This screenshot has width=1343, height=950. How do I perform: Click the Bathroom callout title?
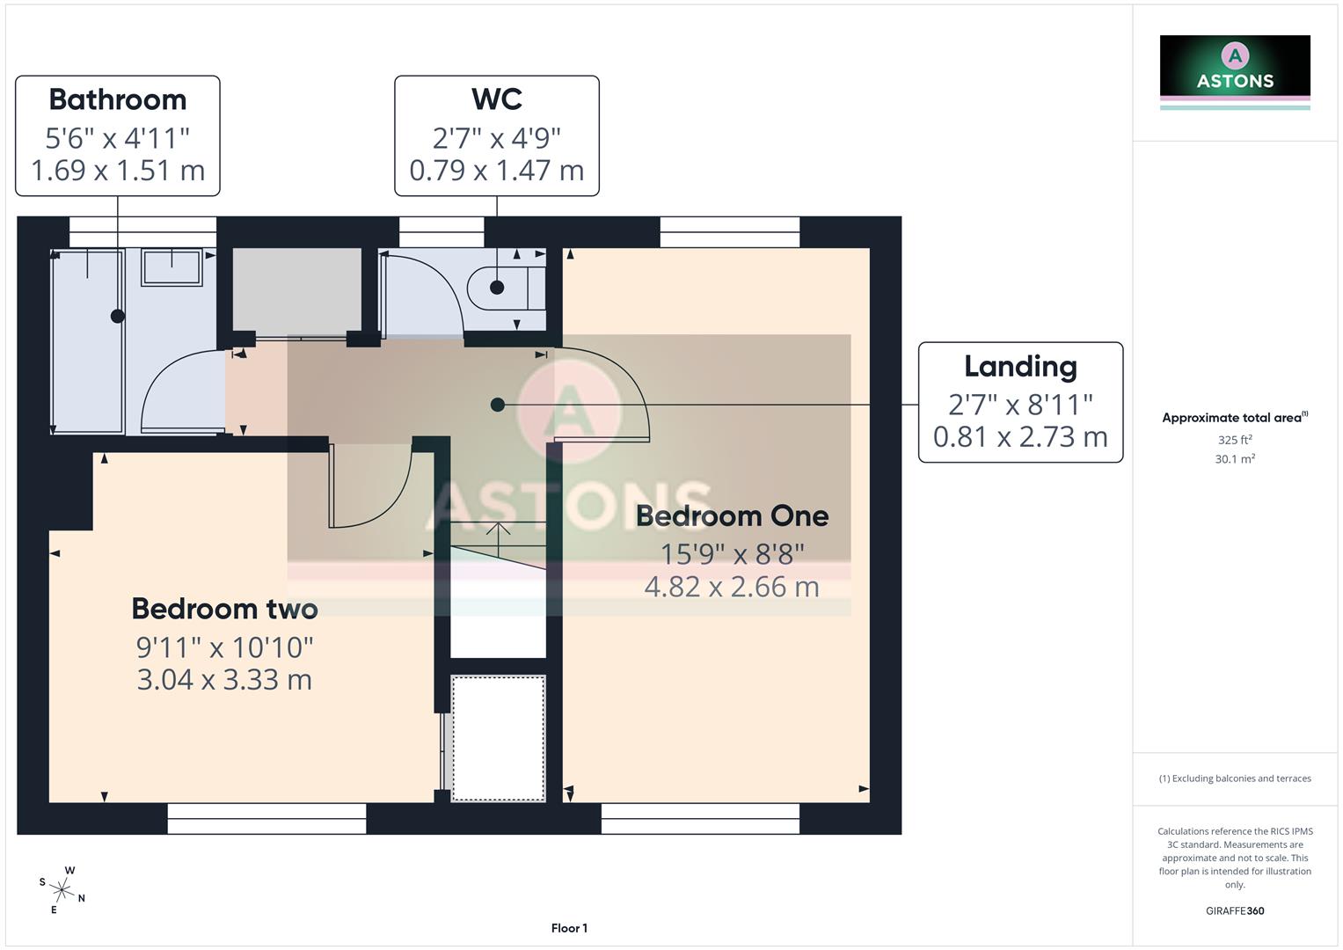(x=118, y=100)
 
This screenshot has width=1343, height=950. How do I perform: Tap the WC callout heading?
(x=497, y=99)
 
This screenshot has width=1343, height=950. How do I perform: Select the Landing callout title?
(x=1020, y=367)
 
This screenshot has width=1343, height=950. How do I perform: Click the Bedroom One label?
(x=732, y=516)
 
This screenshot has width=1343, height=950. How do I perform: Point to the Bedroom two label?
(x=224, y=609)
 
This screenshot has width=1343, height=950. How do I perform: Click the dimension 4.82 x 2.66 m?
(x=732, y=587)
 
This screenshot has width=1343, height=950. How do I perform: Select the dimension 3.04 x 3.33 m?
(x=224, y=680)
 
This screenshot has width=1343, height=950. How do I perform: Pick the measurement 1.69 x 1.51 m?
(x=118, y=170)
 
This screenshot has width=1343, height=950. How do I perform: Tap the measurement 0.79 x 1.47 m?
(x=497, y=170)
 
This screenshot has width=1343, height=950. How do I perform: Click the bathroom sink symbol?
(x=172, y=267)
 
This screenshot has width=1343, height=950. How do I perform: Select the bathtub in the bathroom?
(x=87, y=341)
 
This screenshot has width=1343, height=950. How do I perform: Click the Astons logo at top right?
(x=1235, y=70)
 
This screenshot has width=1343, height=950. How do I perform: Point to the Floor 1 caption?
(x=569, y=928)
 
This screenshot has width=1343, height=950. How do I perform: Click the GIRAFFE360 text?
(x=1235, y=911)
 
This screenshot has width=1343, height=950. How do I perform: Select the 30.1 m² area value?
(x=1235, y=459)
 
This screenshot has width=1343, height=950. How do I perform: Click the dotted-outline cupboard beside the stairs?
(x=498, y=737)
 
